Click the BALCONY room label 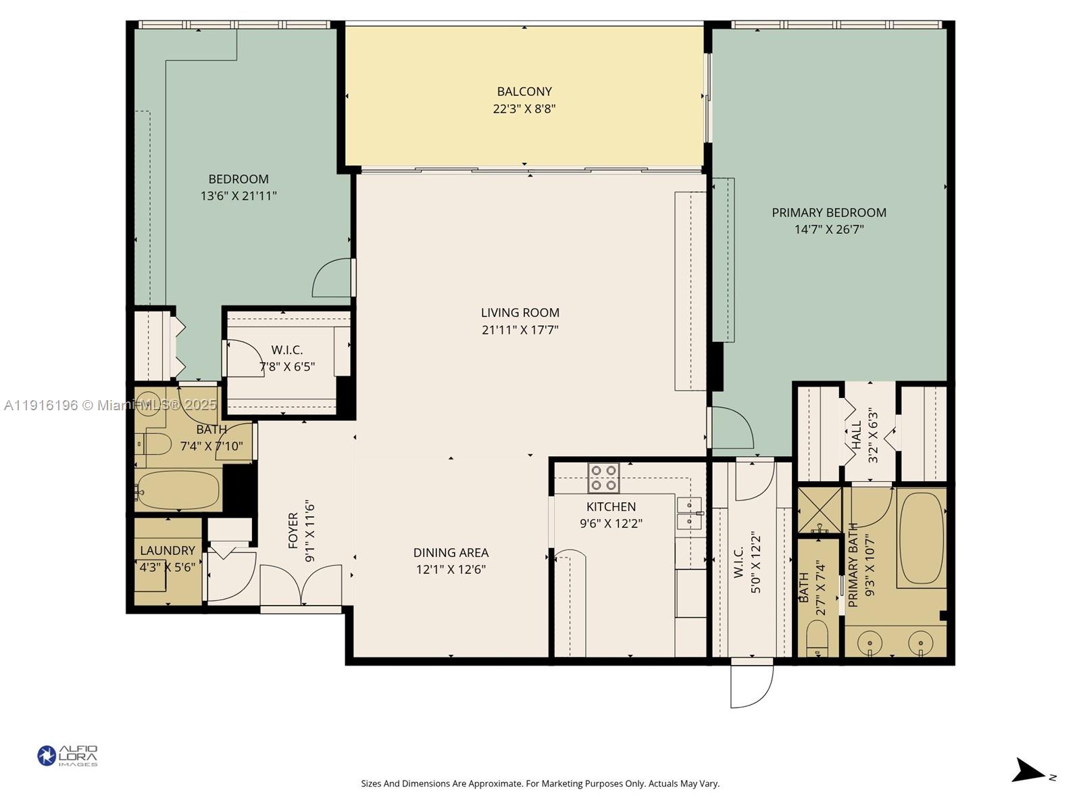click(x=524, y=91)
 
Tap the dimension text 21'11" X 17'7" click(x=520, y=330)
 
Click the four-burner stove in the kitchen click(x=603, y=477)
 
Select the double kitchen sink click(x=688, y=514)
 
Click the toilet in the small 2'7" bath click(x=817, y=639)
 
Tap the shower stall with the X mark click(x=820, y=510)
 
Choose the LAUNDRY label click(x=167, y=551)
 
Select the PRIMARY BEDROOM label click(x=828, y=212)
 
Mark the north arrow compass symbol click(x=1030, y=771)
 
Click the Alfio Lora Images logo click(x=67, y=756)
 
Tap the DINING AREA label click(x=451, y=552)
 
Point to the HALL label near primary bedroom click(x=857, y=436)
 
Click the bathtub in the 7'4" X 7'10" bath click(x=178, y=491)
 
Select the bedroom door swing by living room click(x=333, y=278)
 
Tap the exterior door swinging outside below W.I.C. click(x=751, y=684)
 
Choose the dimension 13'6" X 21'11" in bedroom click(x=238, y=196)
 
